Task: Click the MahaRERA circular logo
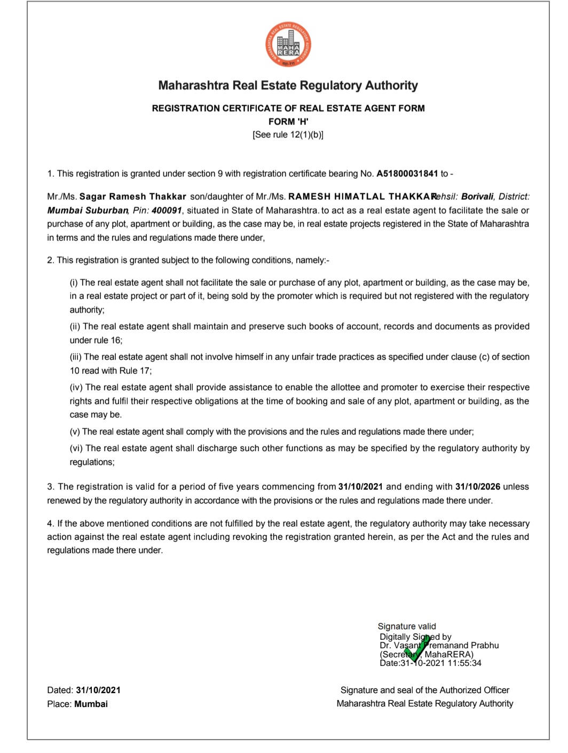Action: pos(288,44)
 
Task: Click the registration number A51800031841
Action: pos(407,174)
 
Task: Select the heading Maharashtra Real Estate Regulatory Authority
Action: pos(288,85)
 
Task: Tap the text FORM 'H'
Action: pos(288,121)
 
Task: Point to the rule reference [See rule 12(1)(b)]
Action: pos(288,135)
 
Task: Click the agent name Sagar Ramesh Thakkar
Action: pos(133,197)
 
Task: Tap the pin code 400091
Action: pos(167,210)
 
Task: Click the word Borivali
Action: pos(477,197)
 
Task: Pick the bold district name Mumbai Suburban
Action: pos(88,210)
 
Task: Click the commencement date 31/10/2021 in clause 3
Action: pos(360,487)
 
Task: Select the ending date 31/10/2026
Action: pos(477,487)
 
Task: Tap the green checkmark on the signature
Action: pos(417,648)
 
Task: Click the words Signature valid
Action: pos(407,626)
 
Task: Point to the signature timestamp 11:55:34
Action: pos(464,663)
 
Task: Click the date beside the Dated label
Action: pos(98,690)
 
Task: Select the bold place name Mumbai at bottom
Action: pos(91,704)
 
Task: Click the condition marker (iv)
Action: pos(76,387)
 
